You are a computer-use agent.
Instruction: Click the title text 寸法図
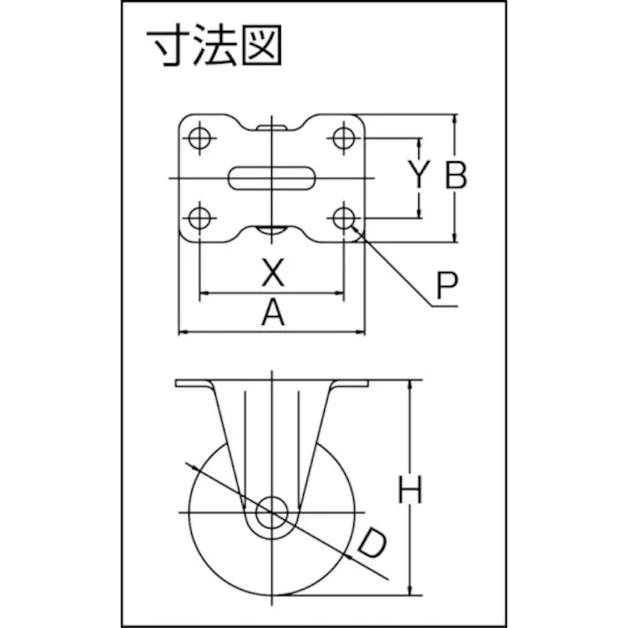(214, 45)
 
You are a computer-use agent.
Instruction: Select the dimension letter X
(273, 272)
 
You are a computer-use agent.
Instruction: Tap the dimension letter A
(273, 312)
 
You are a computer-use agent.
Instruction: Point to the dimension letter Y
(419, 174)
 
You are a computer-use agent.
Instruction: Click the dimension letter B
(456, 174)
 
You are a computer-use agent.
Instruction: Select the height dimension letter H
(410, 489)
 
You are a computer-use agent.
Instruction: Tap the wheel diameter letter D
(372, 543)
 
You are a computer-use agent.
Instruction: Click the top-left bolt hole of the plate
(199, 138)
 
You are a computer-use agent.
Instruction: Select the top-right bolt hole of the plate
(344, 138)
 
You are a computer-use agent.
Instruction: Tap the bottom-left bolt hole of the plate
(199, 218)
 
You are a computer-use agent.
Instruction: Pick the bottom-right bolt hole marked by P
(344, 218)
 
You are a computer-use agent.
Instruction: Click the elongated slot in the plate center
(271, 178)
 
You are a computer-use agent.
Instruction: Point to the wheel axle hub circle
(272, 513)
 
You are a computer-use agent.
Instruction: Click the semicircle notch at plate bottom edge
(271, 230)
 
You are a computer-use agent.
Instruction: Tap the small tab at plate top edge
(271, 128)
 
